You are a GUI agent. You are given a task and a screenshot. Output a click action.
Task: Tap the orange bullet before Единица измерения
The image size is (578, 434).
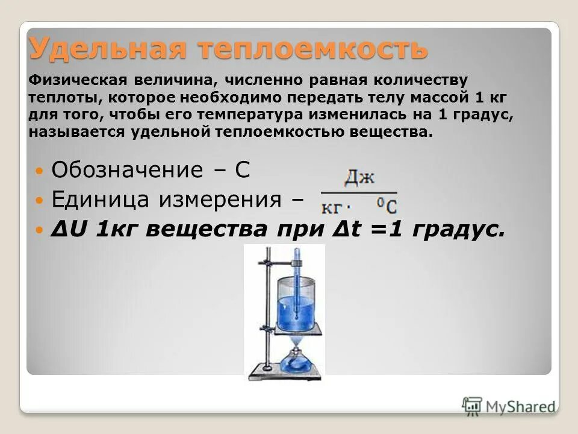39,200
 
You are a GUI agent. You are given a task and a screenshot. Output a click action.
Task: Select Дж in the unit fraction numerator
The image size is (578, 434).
359,178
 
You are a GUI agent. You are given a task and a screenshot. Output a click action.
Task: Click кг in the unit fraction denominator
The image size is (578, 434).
332,208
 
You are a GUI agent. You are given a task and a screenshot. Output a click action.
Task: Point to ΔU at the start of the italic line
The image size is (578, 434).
66,230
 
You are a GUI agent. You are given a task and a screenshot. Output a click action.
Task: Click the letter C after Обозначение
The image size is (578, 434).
242,170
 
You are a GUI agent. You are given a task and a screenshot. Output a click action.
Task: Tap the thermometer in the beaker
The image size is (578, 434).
296,283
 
